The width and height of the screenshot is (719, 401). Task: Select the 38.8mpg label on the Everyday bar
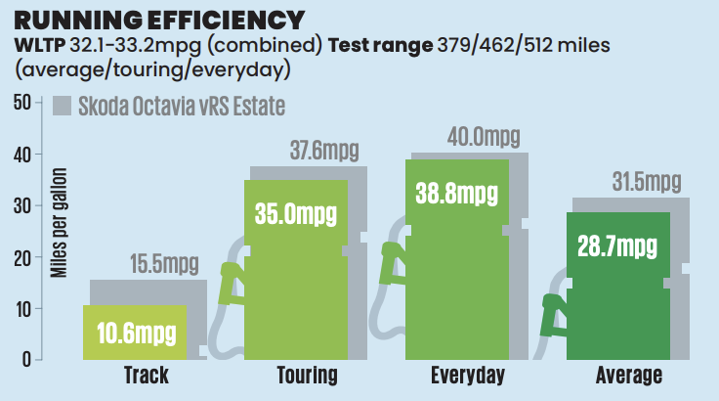coord(456,195)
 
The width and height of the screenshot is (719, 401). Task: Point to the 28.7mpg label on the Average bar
coord(617,245)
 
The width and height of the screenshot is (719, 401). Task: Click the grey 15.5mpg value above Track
coord(163,264)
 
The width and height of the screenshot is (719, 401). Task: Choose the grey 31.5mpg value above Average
coord(646,182)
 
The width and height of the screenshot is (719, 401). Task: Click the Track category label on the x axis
coord(147,377)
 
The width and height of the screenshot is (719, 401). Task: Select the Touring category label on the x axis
coord(307,377)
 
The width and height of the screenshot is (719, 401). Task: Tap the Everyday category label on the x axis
coord(467,377)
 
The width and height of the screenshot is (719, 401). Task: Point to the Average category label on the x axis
coord(629,377)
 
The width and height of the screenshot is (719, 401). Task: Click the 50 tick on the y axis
coord(22,103)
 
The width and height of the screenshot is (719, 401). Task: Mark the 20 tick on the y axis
coord(22,257)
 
